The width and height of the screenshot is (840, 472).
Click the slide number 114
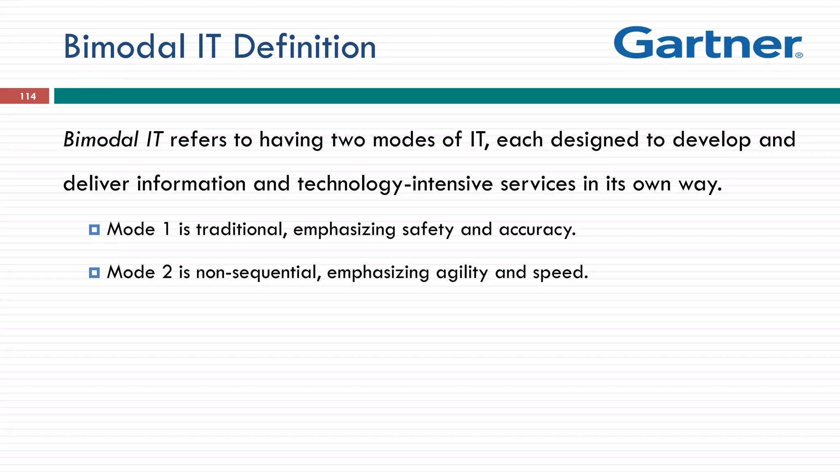[x=28, y=96]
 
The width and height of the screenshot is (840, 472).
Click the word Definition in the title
[x=304, y=47]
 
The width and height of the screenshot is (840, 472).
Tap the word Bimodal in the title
[x=125, y=47]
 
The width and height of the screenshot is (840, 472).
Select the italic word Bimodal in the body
[x=101, y=140]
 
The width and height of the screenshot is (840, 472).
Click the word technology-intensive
[x=395, y=184]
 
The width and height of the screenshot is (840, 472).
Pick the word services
[x=538, y=184]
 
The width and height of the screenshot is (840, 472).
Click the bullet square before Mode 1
[x=94, y=230]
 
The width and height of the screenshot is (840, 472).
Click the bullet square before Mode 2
[x=94, y=273]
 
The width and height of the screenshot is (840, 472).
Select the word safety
[x=427, y=229]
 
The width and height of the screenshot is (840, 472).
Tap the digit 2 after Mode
[x=167, y=272]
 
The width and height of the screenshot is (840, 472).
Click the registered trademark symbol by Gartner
[x=799, y=55]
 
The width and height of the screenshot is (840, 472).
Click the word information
[x=191, y=184]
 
